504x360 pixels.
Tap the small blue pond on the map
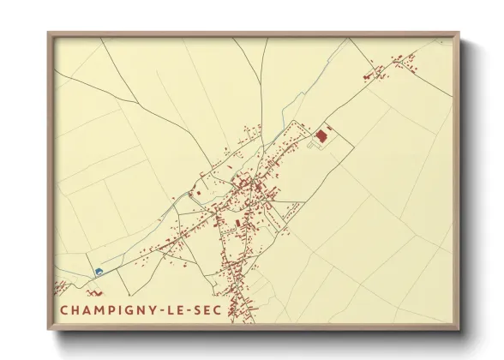99,271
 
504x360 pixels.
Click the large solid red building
323,135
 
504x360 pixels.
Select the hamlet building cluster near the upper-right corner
395,66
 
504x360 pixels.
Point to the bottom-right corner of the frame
459,330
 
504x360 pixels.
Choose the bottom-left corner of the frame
49,330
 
